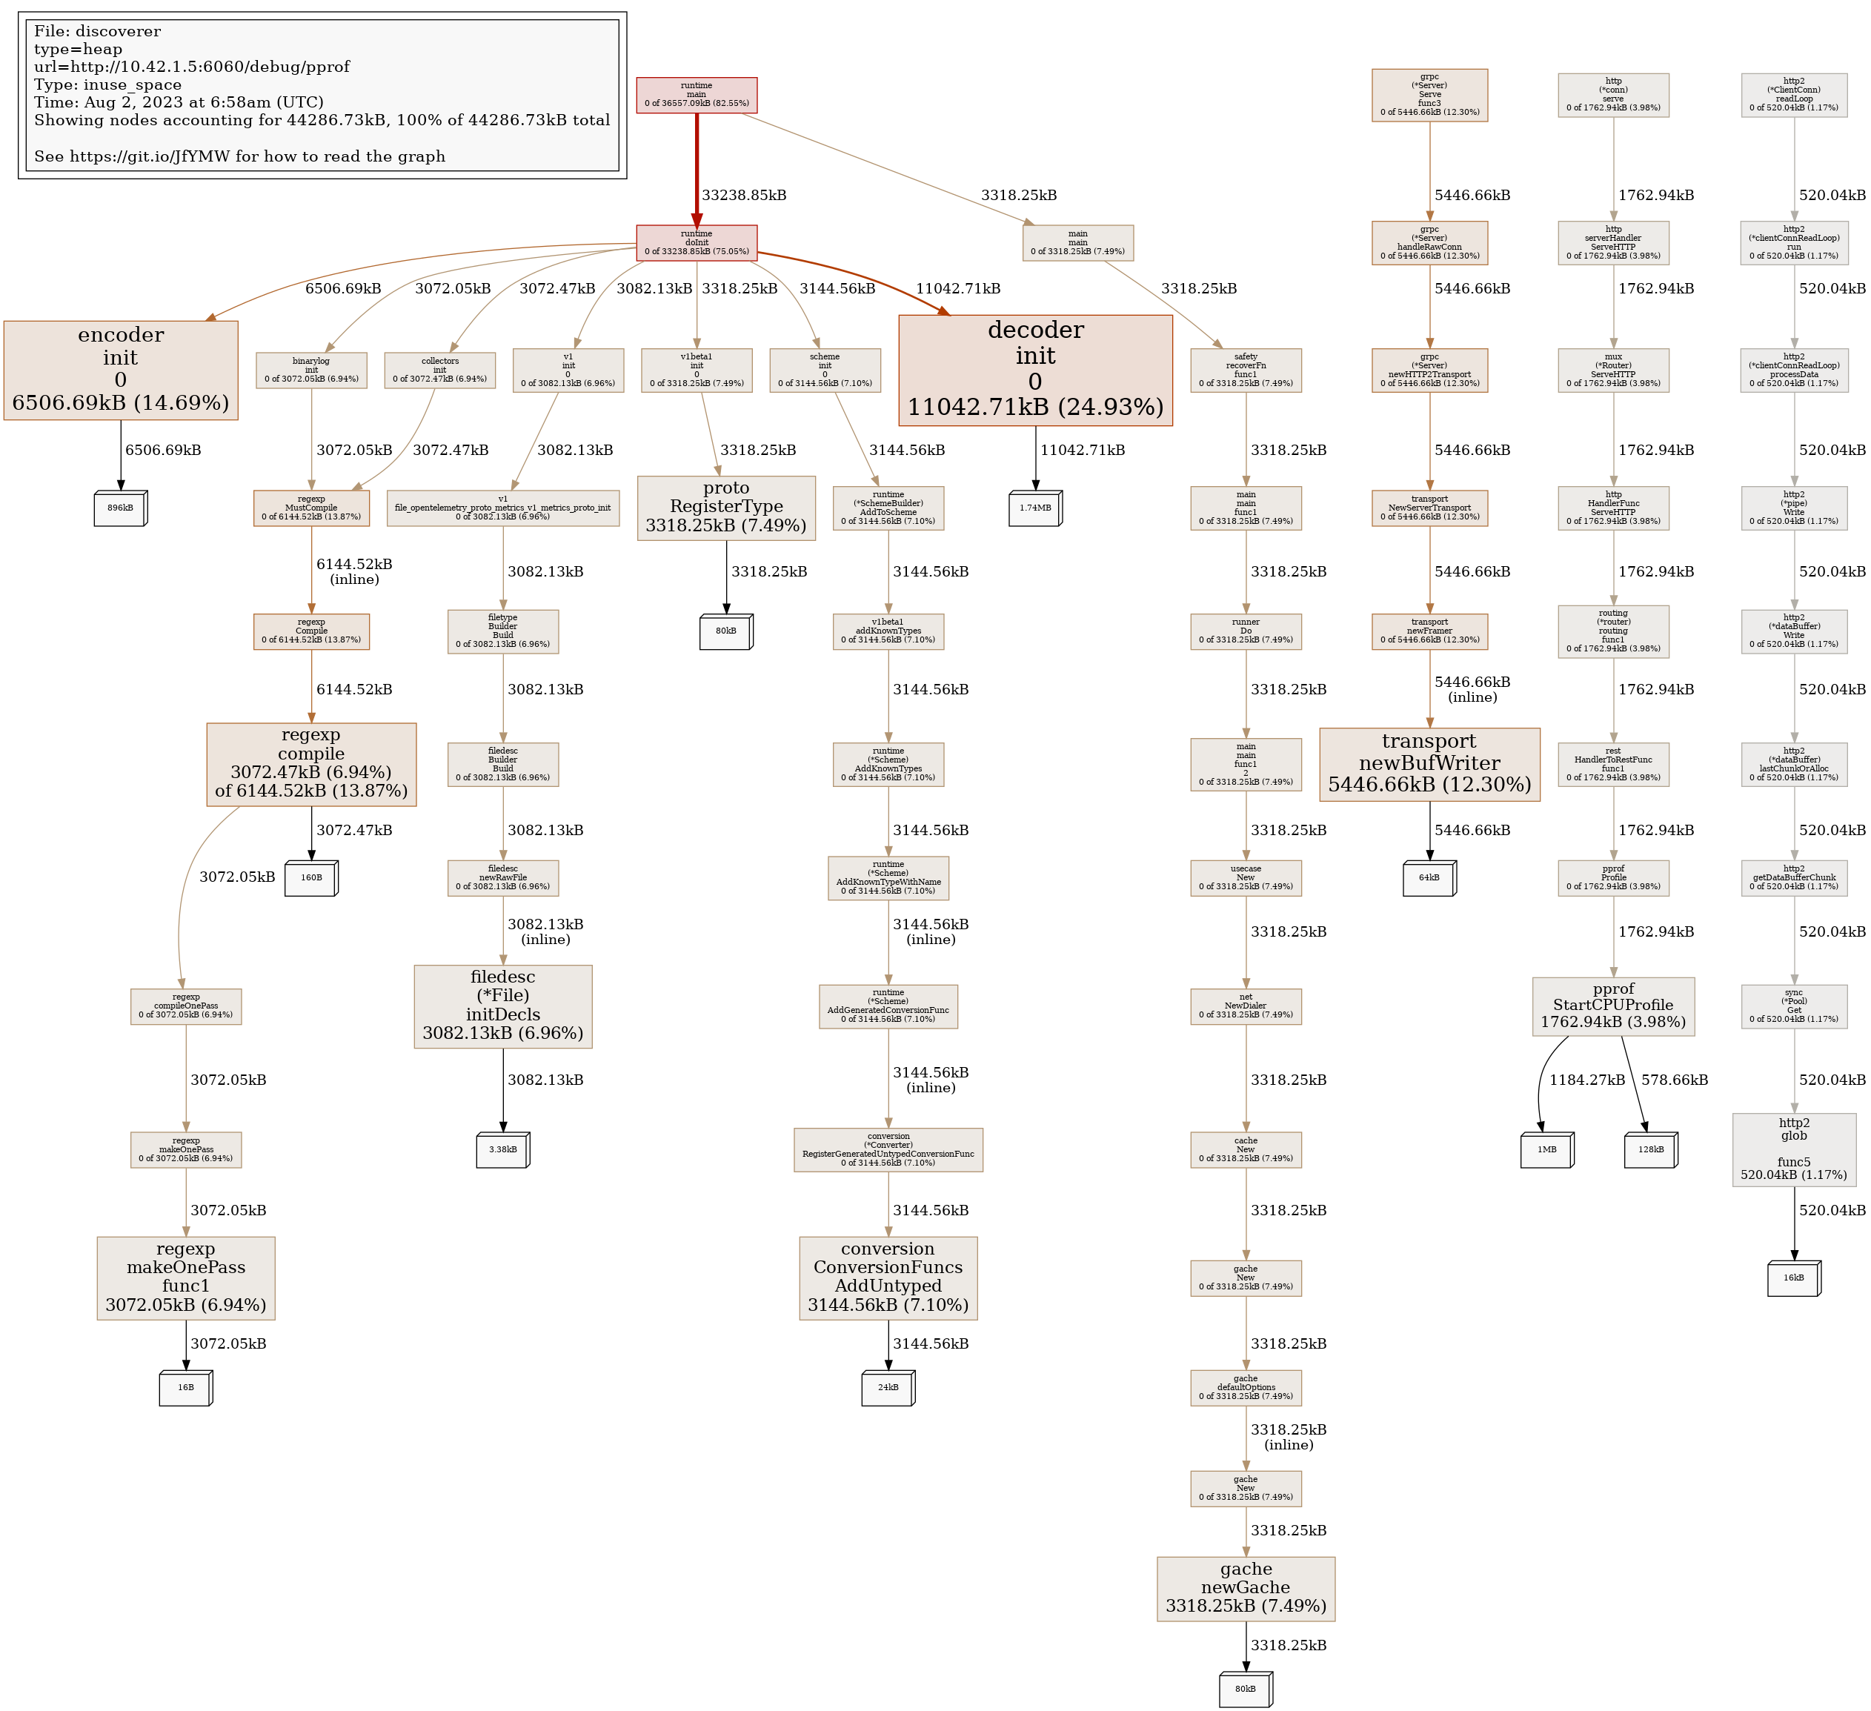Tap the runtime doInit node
pos(696,242)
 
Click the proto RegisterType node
pos(725,508)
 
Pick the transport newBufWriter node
pos(1429,764)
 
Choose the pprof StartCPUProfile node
pos(1613,1006)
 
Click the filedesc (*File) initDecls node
pos(503,1006)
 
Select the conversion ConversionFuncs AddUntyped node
pos(888,1278)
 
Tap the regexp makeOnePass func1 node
pos(185,1278)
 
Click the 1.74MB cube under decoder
pos(1035,508)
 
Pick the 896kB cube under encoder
pos(121,508)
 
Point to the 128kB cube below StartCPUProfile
pos(1650,1149)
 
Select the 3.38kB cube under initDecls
pos(503,1149)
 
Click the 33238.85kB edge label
pos(743,196)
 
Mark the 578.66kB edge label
pos(1674,1080)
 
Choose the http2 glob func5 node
pos(1794,1149)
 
